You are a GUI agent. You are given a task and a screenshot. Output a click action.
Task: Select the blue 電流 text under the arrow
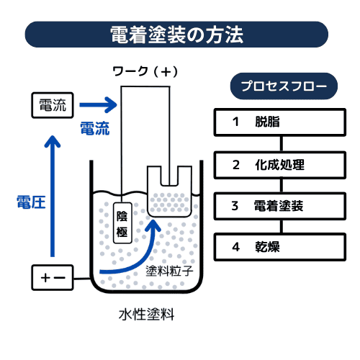[x=94, y=128]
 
